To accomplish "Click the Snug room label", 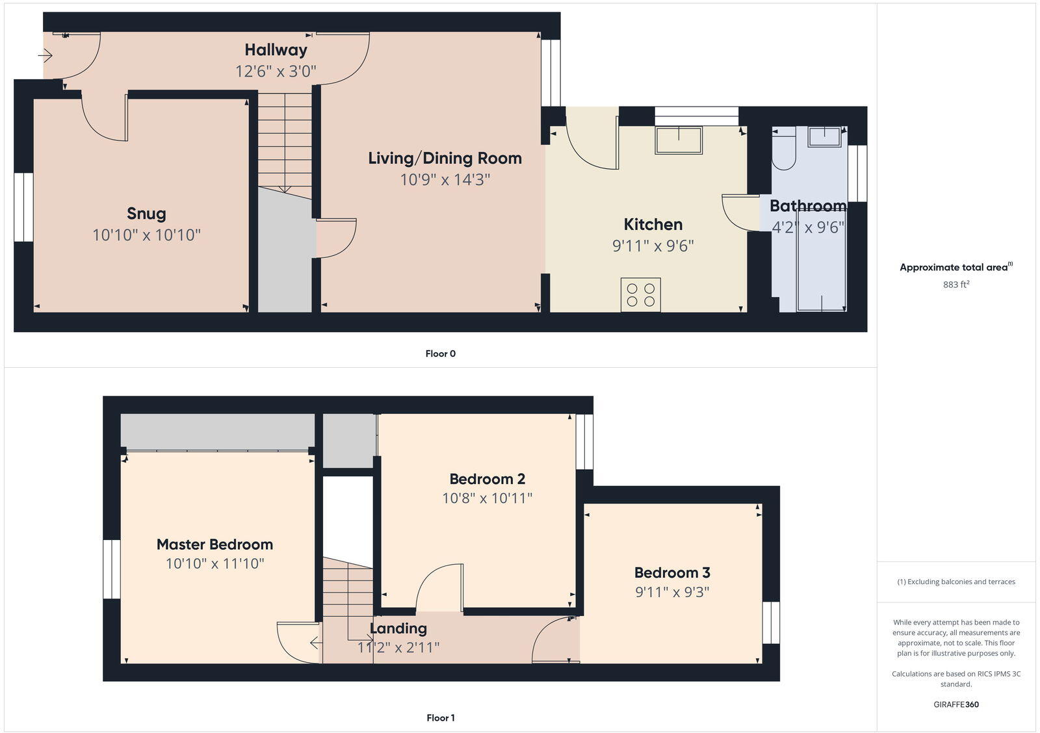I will coord(146,214).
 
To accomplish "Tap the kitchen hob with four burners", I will coord(640,294).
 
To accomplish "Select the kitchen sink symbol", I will coord(678,140).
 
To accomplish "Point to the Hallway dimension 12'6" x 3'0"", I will coord(276,71).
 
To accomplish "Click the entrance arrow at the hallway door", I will coord(45,57).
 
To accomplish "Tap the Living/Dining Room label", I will coord(445,158).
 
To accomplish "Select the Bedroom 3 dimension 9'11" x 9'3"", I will coord(672,592).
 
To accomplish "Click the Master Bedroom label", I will coord(214,545).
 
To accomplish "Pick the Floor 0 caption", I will coord(441,354).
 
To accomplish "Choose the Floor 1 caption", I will coord(441,717).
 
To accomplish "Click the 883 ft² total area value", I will coord(956,285).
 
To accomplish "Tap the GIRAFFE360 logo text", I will coord(956,704).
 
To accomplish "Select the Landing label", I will coord(398,628).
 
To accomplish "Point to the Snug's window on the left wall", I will coord(24,207).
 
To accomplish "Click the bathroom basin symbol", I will coord(824,137).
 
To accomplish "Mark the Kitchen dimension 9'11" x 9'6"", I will coord(653,246).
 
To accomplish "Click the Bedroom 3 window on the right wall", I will coord(770,622).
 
